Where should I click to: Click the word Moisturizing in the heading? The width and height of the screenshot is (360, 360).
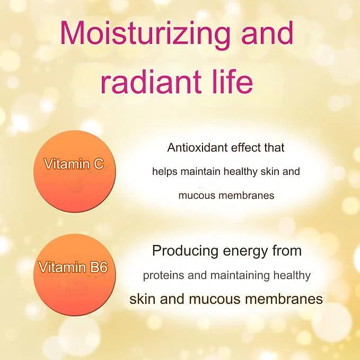click(145, 33)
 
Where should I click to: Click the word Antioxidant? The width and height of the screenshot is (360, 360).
click(197, 147)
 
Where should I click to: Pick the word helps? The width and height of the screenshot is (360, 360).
click(164, 172)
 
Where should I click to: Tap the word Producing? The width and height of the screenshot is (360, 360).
click(185, 251)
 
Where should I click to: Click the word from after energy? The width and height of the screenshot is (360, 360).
click(287, 250)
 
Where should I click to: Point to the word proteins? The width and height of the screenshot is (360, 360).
click(163, 275)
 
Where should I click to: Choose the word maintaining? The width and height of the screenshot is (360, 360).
click(240, 275)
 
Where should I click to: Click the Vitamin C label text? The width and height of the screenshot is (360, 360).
click(74, 164)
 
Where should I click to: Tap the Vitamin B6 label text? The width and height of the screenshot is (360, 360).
click(73, 267)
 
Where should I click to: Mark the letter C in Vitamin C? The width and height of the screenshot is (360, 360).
click(99, 164)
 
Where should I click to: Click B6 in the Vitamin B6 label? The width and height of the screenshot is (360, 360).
click(99, 267)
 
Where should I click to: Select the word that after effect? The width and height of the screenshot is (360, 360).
click(274, 147)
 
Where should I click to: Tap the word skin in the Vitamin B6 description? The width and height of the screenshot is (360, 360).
click(143, 299)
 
